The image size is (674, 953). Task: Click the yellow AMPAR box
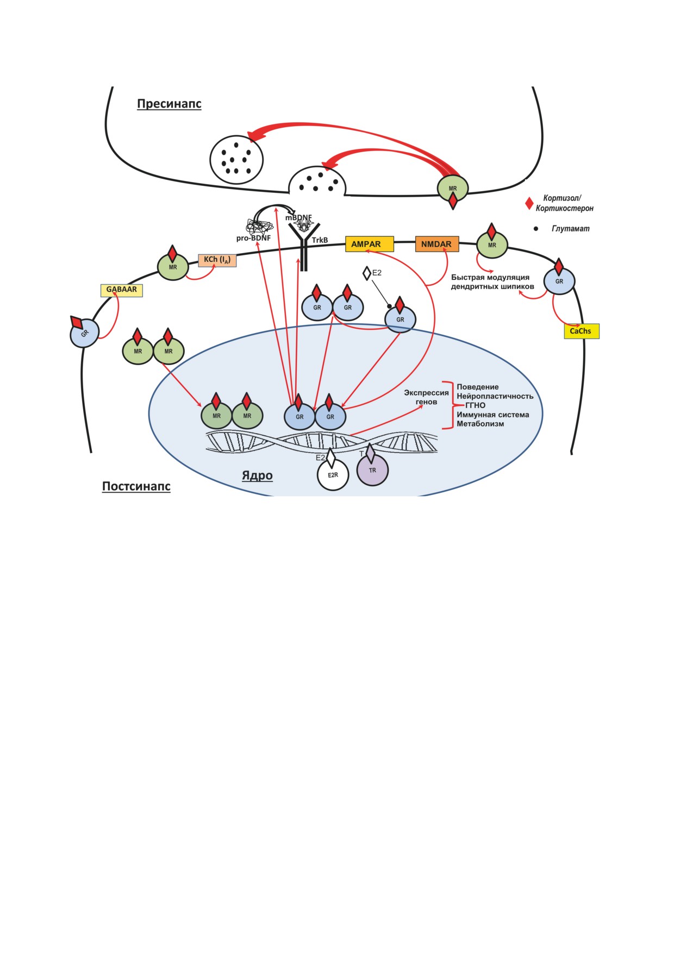click(x=370, y=244)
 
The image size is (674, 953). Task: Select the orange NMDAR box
click(x=437, y=244)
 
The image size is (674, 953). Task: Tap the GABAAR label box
click(x=122, y=290)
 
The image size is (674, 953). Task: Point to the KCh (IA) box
click(x=217, y=260)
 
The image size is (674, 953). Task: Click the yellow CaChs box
click(x=581, y=331)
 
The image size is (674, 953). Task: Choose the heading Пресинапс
click(x=169, y=104)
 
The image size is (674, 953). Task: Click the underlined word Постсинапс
click(x=136, y=486)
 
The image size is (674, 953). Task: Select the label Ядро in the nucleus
click(x=257, y=476)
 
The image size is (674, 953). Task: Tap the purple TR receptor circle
click(x=372, y=471)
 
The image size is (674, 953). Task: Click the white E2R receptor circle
click(x=333, y=475)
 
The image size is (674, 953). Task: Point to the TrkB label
click(x=320, y=240)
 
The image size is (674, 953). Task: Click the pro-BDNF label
click(x=253, y=238)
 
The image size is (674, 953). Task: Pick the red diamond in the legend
click(x=529, y=203)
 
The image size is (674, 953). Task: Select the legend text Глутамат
click(x=570, y=229)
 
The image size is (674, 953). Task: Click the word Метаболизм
click(x=480, y=424)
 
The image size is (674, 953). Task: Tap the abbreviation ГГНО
click(x=475, y=405)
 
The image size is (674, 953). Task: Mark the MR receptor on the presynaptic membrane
click(x=453, y=188)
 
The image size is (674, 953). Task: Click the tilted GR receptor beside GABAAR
click(x=85, y=333)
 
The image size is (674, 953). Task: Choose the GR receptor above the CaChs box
click(x=559, y=281)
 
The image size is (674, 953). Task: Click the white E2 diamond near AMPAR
click(x=367, y=273)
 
